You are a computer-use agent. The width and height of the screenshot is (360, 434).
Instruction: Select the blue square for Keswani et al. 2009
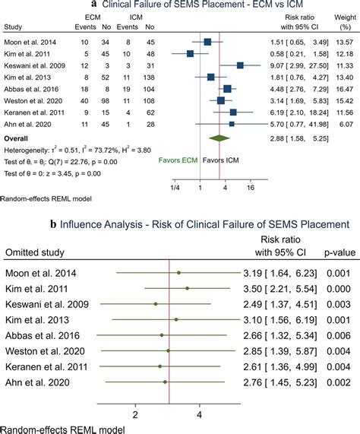[240, 65]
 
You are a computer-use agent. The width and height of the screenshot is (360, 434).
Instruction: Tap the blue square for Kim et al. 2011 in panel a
[190, 53]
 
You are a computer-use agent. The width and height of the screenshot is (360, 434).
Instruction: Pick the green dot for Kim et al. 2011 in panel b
[187, 288]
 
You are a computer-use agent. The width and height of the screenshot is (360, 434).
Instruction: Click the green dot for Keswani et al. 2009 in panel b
[155, 303]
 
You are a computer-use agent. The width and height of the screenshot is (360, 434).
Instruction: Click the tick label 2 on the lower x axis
[135, 415]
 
